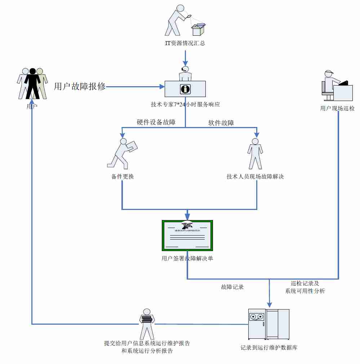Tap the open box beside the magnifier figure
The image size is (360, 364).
click(198, 29)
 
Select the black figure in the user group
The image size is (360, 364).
click(32, 83)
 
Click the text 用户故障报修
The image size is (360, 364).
click(80, 86)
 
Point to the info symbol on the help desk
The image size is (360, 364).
click(185, 89)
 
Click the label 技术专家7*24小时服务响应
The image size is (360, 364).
click(185, 105)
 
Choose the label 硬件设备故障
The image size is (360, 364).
click(156, 122)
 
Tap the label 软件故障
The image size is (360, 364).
click(221, 123)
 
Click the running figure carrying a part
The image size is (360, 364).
click(123, 153)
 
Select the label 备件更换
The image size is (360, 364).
click(123, 177)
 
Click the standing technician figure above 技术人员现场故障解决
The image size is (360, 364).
click(255, 153)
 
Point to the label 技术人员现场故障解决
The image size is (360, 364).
click(255, 177)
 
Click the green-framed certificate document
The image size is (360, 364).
click(187, 235)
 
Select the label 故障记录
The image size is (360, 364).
click(232, 287)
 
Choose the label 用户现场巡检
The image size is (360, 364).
click(337, 108)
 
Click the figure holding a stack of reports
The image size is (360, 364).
click(146, 323)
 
